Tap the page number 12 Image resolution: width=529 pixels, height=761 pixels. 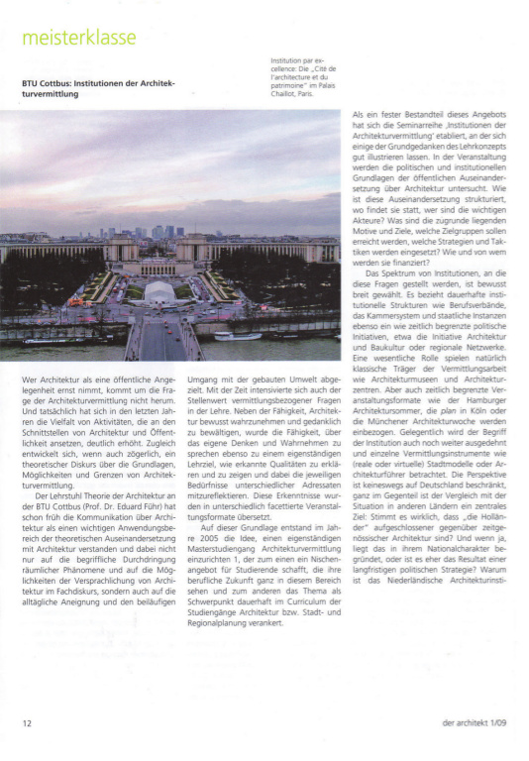(x=27, y=724)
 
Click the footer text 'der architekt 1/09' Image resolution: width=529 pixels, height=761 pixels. (x=475, y=724)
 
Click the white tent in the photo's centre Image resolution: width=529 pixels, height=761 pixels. (x=159, y=290)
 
